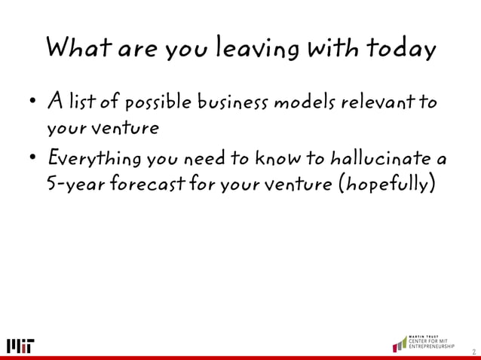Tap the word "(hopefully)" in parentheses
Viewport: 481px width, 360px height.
tap(388, 185)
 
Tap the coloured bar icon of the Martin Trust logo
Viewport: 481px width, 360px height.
tap(399, 343)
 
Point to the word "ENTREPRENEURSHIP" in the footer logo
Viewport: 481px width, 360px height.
tap(433, 347)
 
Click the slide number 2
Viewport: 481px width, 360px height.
tap(473, 351)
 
